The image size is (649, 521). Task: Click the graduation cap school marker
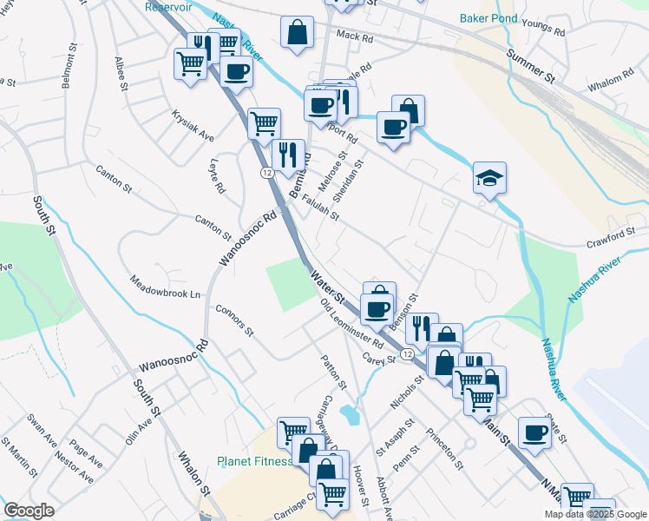tap(489, 179)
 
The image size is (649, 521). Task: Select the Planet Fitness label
tap(254, 461)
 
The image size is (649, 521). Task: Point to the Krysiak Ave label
tap(192, 126)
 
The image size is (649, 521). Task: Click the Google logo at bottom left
tap(29, 511)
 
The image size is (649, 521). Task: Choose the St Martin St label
tap(20, 461)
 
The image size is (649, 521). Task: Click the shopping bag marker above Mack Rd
tap(297, 33)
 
